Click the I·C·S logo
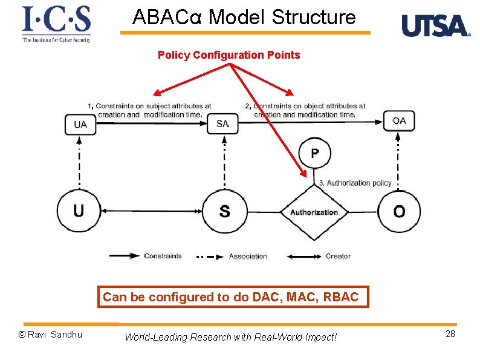(x=56, y=24)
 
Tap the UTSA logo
(x=435, y=26)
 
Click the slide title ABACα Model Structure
(x=244, y=17)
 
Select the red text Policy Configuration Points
(x=229, y=55)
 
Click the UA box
(x=80, y=125)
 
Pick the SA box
(x=222, y=124)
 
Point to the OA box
(x=399, y=121)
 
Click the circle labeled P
(x=315, y=154)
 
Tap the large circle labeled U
(x=79, y=211)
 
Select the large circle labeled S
(x=224, y=212)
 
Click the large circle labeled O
(x=399, y=212)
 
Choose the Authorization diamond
(x=314, y=212)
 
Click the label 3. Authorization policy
(x=355, y=183)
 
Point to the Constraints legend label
(x=163, y=256)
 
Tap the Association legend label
(x=248, y=257)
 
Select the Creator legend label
(x=338, y=257)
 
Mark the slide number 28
(x=450, y=335)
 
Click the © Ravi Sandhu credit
(x=51, y=335)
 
